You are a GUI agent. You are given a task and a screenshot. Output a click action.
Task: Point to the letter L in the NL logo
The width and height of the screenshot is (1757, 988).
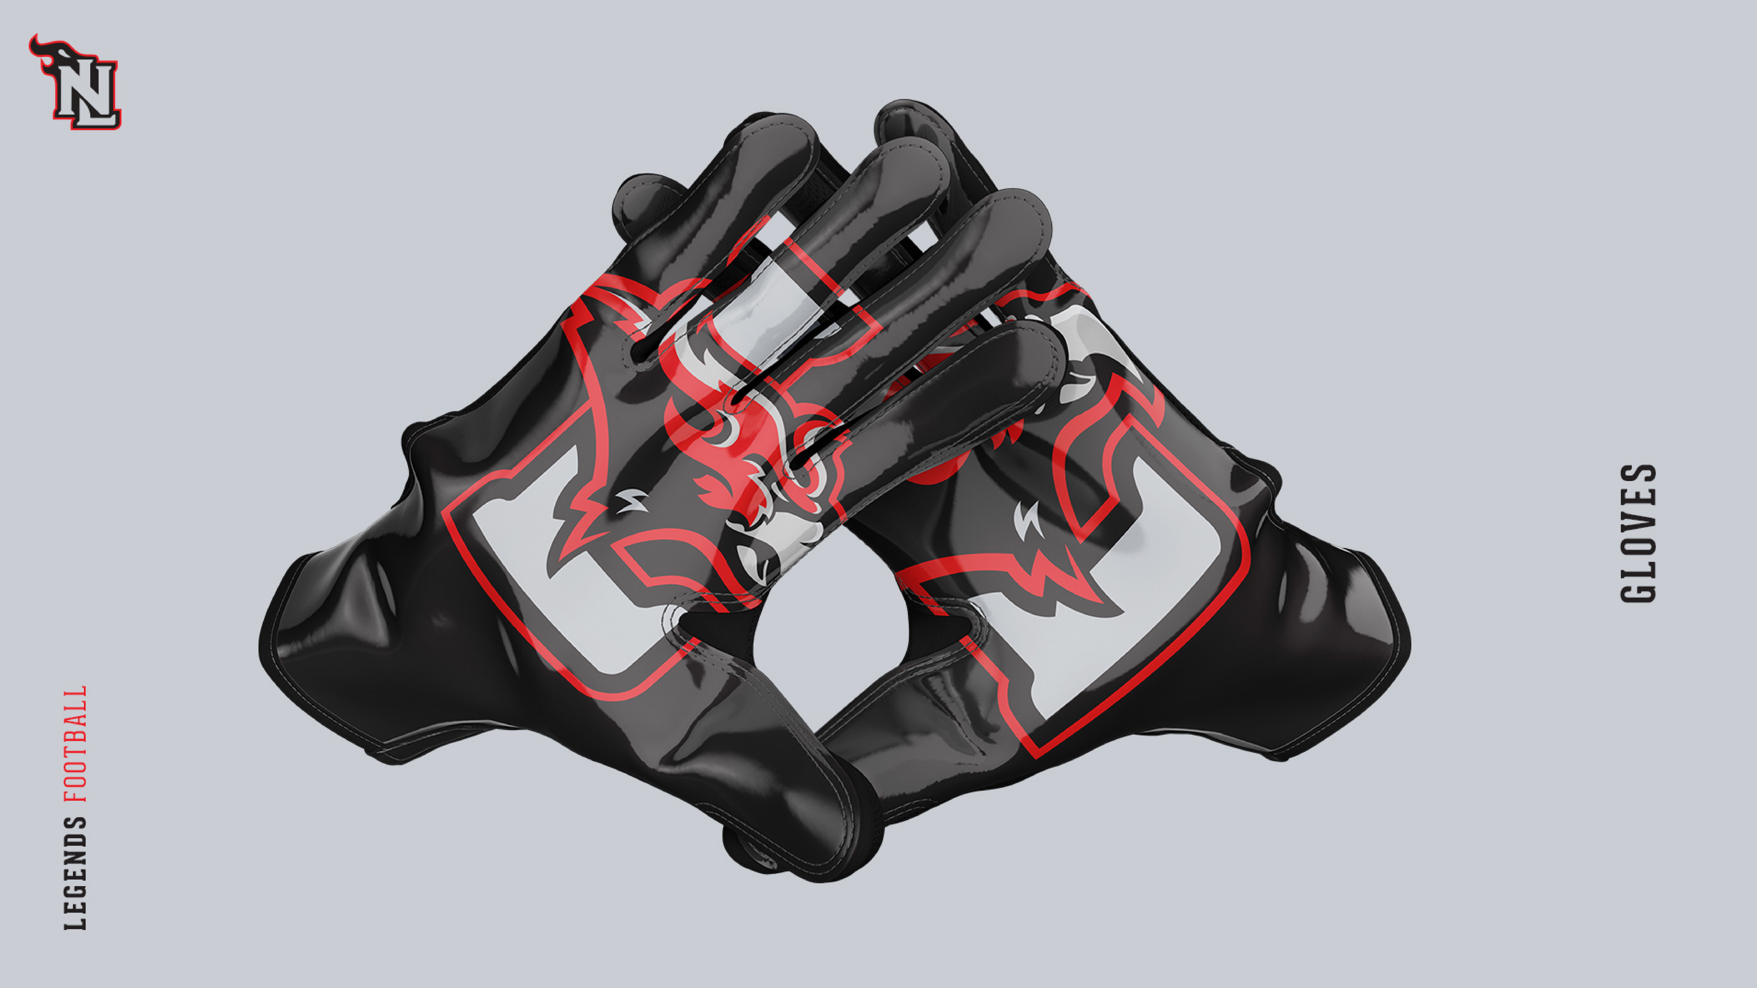coord(96,106)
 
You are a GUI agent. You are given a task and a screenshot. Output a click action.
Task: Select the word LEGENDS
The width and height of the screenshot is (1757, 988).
coord(75,873)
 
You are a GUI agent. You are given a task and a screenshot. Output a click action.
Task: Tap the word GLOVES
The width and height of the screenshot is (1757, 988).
coord(1638,534)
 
